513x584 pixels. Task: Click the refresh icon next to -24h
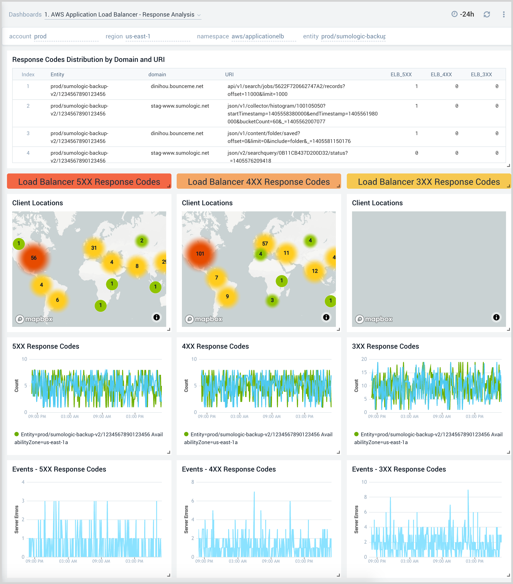point(487,14)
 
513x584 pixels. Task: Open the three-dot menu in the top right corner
point(504,14)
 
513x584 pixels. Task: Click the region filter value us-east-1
point(138,36)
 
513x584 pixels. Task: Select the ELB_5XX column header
point(401,74)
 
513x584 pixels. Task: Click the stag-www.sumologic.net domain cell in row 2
point(180,106)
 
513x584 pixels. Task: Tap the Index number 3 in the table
point(28,133)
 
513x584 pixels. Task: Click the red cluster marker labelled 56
point(34,258)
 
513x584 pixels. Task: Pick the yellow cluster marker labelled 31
point(94,248)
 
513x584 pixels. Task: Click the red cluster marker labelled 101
point(200,254)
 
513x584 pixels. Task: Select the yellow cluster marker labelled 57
point(265,244)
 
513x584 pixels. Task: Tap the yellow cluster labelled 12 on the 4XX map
point(315,271)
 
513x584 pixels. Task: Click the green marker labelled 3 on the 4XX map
point(272,300)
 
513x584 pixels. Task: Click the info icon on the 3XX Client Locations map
point(496,317)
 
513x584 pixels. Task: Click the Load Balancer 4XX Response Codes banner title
point(258,182)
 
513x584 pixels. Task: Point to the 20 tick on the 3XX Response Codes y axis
point(364,359)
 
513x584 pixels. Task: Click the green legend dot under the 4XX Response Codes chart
point(186,434)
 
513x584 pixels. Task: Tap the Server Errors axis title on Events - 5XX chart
point(17,519)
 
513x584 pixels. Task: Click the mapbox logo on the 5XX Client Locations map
point(34,319)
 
